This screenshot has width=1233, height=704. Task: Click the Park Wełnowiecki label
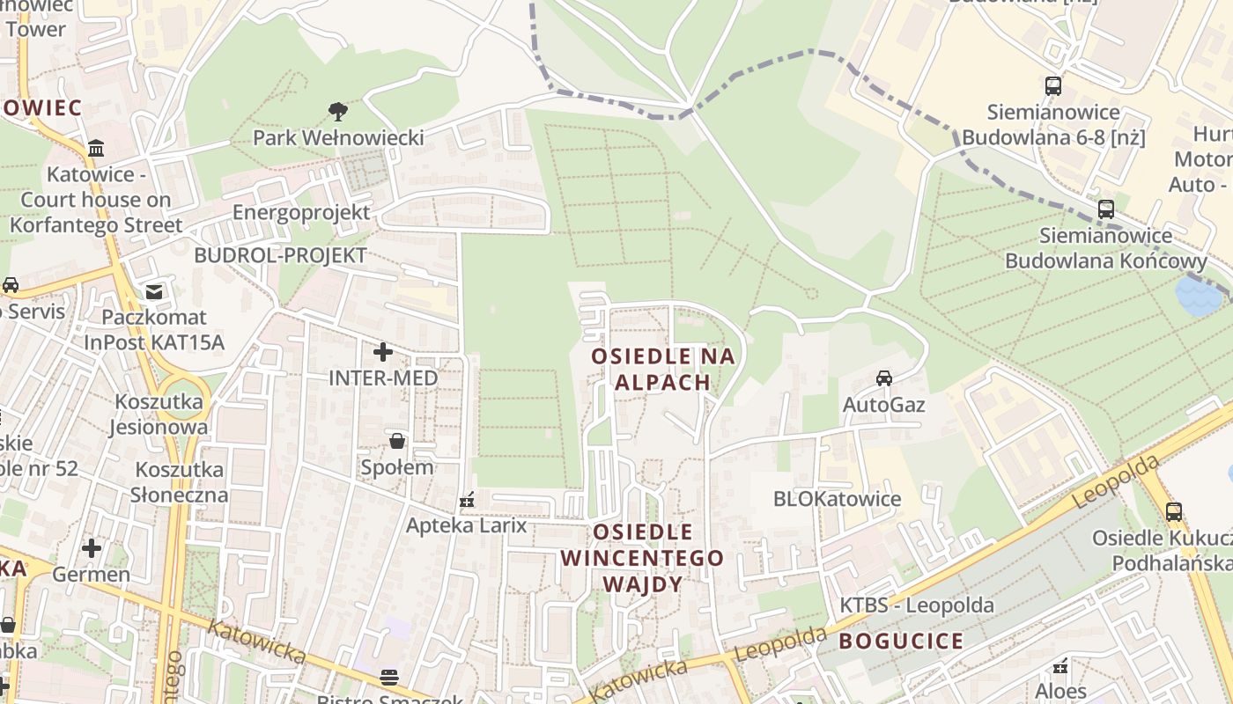pyautogui.click(x=338, y=138)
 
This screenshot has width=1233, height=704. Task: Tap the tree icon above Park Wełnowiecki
pyautogui.click(x=337, y=112)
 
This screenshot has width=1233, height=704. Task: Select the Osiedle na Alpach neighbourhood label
pyautogui.click(x=663, y=369)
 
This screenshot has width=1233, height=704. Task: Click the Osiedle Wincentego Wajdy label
pyautogui.click(x=642, y=558)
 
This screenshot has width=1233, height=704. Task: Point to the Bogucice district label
pyautogui.click(x=901, y=641)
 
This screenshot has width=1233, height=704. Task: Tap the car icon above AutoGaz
pyautogui.click(x=883, y=378)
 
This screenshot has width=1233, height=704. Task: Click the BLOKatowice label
pyautogui.click(x=837, y=499)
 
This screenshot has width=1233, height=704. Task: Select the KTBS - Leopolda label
pyautogui.click(x=916, y=605)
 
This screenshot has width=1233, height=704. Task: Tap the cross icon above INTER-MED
pyautogui.click(x=383, y=352)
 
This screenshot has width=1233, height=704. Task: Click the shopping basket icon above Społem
pyautogui.click(x=397, y=441)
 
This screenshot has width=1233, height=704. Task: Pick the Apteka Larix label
pyautogui.click(x=466, y=525)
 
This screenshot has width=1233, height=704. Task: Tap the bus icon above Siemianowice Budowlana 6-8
pyautogui.click(x=1053, y=86)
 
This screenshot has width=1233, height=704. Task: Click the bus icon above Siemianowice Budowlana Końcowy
pyautogui.click(x=1106, y=209)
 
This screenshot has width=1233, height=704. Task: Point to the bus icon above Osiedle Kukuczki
pyautogui.click(x=1173, y=511)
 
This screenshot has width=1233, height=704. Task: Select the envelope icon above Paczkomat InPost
pyautogui.click(x=154, y=291)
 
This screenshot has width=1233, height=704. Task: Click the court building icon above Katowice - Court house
pyautogui.click(x=96, y=147)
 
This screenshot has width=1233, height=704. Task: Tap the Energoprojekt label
pyautogui.click(x=301, y=213)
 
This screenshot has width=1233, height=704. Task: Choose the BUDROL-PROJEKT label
pyautogui.click(x=280, y=256)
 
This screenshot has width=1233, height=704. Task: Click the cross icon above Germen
pyautogui.click(x=92, y=548)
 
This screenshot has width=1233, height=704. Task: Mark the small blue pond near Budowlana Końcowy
pyautogui.click(x=1199, y=296)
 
